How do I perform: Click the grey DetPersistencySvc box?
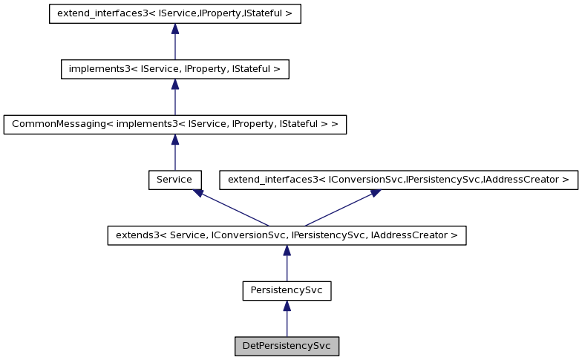(287, 347)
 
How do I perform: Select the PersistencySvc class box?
(287, 291)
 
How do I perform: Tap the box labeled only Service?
(174, 180)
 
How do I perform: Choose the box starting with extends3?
(287, 235)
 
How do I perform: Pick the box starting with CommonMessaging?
(174, 124)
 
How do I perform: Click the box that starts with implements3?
(174, 69)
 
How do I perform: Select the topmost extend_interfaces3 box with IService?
(174, 14)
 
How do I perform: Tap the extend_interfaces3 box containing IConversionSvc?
(398, 180)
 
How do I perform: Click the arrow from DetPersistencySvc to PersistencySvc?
(287, 319)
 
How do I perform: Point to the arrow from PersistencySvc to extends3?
(287, 264)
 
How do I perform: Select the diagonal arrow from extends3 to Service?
(231, 207)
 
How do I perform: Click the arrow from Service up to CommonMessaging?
(174, 152)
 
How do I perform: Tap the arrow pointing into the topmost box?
(174, 42)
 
